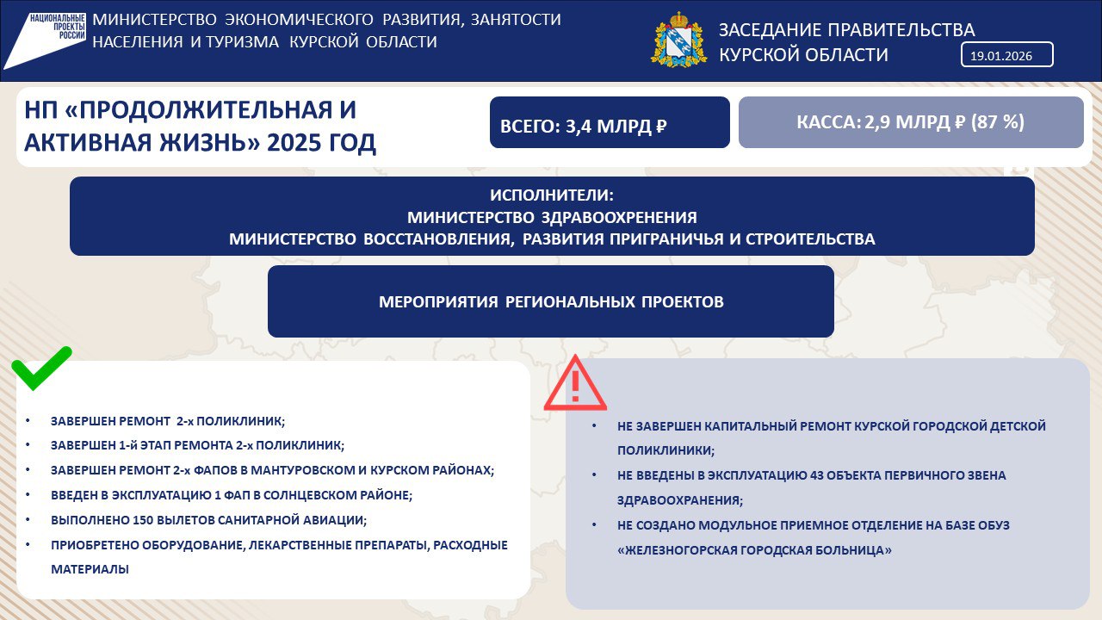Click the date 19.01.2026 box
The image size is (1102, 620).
(x=1006, y=54)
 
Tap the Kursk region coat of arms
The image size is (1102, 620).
(x=679, y=40)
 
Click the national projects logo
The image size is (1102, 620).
(x=46, y=40)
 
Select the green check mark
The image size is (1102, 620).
(x=42, y=369)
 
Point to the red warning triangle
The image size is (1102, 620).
(x=575, y=384)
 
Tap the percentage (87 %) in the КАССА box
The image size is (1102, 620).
(x=998, y=121)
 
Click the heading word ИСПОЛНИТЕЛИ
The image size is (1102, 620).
(x=552, y=195)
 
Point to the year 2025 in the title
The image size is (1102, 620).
(x=293, y=143)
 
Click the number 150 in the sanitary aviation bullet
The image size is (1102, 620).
(x=143, y=520)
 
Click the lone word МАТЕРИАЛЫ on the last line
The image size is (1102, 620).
(x=90, y=569)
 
